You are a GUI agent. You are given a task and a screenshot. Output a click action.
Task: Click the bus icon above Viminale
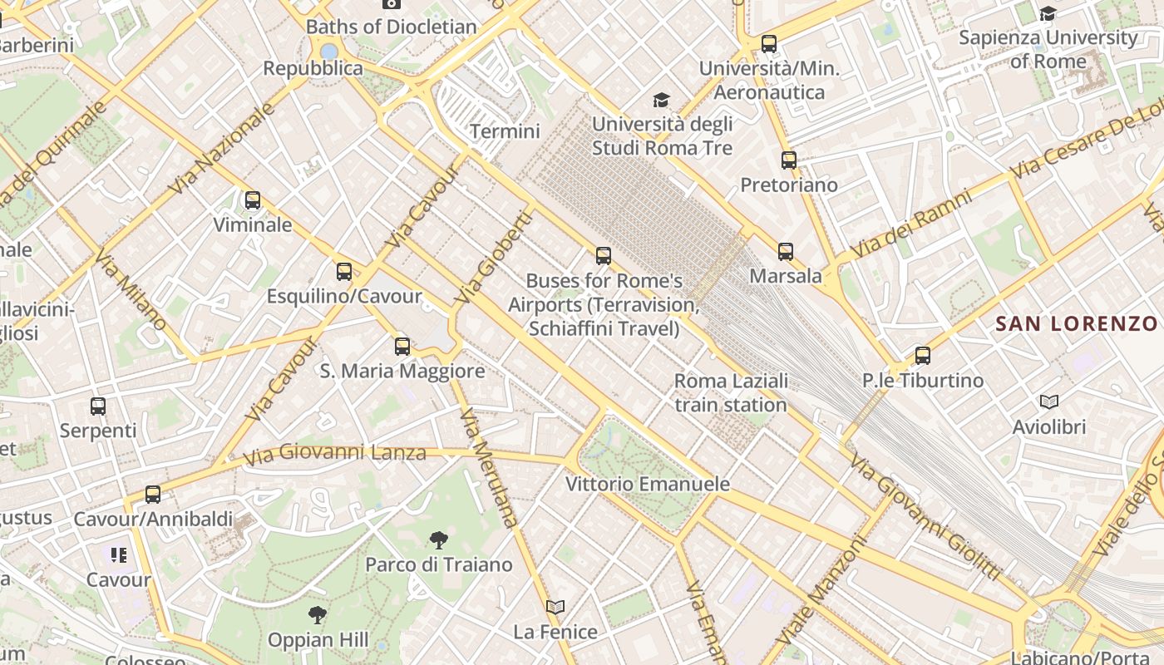[x=252, y=200]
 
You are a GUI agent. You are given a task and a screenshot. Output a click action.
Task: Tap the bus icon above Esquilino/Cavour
[x=344, y=272]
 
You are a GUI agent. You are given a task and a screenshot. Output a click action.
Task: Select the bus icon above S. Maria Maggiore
[x=402, y=347]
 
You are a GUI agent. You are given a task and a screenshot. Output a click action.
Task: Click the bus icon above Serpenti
[x=98, y=406]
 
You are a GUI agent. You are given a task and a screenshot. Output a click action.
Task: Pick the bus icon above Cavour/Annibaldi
[x=153, y=495]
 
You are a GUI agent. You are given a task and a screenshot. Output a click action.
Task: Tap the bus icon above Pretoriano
[x=789, y=160]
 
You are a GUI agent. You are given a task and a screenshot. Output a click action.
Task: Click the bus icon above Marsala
[x=786, y=251]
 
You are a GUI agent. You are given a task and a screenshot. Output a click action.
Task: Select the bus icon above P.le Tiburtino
[x=923, y=356]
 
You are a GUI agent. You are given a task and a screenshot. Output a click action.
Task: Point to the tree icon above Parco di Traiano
[x=439, y=540]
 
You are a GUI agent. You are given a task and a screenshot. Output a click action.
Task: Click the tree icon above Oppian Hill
[x=318, y=615]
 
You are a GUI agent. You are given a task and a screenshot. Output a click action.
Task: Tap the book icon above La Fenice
[x=555, y=608]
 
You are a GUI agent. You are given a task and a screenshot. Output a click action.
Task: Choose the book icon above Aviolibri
[x=1049, y=402]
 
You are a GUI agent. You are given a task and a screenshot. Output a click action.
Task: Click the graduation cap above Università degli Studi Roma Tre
[x=662, y=101]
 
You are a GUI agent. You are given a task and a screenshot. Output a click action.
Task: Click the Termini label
[x=505, y=131]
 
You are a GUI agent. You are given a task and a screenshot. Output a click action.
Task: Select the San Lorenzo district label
[x=1077, y=323]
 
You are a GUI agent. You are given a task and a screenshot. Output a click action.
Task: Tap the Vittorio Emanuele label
[x=648, y=484]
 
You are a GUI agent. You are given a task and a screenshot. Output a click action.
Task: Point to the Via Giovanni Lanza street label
[x=335, y=454]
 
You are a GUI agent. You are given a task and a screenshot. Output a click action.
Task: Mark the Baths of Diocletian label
[x=392, y=27]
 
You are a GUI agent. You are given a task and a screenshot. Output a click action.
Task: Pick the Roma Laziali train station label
[x=731, y=393]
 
